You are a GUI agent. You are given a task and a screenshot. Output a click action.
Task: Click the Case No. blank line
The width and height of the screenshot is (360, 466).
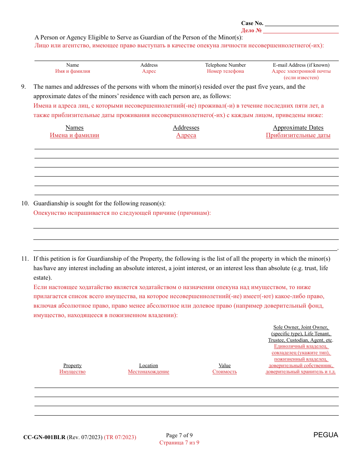(x=301, y=23)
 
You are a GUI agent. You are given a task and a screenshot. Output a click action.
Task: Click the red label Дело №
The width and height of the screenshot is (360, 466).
(x=251, y=31)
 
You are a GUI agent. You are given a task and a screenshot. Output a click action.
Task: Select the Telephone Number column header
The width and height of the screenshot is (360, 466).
(x=225, y=65)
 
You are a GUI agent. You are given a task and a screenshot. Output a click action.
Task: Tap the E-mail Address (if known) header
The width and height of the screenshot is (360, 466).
(x=301, y=65)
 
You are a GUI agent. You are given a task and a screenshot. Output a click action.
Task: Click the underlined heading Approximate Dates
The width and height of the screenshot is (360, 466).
(x=298, y=128)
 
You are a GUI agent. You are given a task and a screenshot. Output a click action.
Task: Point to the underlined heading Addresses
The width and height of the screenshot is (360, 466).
(x=186, y=128)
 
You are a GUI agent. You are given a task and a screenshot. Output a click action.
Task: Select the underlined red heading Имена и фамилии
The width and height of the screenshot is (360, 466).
(x=75, y=135)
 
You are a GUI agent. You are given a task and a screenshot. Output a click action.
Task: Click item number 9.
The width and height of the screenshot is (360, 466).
(x=23, y=87)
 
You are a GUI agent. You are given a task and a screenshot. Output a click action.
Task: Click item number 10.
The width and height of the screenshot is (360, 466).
(x=25, y=203)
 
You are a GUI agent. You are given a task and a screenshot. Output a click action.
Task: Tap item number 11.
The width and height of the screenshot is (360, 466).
(x=25, y=259)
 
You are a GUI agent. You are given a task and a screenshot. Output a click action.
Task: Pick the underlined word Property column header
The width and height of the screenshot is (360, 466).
(x=72, y=366)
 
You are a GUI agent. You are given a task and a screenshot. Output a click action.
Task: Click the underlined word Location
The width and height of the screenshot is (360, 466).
(x=149, y=366)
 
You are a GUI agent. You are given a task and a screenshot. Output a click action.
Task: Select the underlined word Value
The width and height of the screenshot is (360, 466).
(x=225, y=366)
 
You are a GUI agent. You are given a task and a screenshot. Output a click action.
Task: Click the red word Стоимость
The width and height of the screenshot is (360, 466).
(x=225, y=372)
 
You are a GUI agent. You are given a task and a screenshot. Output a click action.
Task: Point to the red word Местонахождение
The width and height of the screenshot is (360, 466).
(x=149, y=372)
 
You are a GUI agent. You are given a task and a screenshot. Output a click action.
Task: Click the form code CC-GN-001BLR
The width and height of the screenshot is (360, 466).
(x=44, y=437)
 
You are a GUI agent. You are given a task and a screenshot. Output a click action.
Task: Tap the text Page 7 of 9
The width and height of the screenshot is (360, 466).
(x=179, y=435)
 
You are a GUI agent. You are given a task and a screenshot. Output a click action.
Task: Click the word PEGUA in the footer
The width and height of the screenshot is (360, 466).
(x=326, y=435)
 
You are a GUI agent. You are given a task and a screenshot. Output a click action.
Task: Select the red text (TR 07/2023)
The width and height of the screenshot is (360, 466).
(x=120, y=437)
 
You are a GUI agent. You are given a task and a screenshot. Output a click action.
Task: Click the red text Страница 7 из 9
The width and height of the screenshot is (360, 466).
(x=179, y=443)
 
